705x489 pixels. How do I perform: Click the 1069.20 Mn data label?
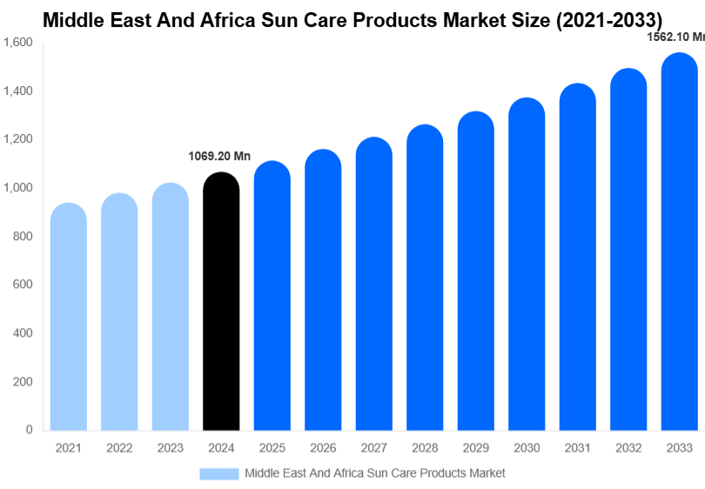point(219,157)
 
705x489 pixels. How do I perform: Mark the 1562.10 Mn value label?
point(675,37)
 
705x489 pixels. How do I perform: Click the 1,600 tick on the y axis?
point(17,43)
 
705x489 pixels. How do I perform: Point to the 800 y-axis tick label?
point(23,236)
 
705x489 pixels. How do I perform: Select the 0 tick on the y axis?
point(29,430)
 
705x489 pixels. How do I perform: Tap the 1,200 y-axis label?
point(17,139)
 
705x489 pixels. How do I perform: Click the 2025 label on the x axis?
point(272,448)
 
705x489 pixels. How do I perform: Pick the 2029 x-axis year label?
point(475,448)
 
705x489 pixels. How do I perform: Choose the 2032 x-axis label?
point(628,448)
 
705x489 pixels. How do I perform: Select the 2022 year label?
point(119,448)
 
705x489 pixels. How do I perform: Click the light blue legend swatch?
point(218,473)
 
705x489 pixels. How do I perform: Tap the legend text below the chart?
point(374,473)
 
